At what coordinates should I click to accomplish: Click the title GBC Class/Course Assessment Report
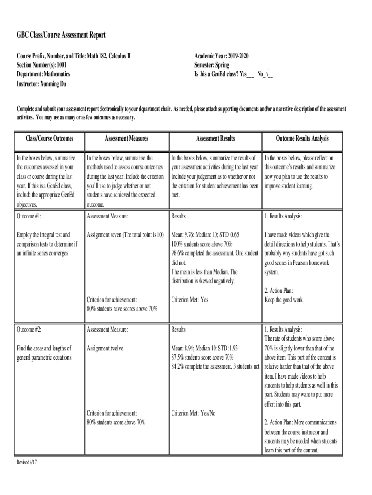click(61, 35)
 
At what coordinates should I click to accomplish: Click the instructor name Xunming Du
click(54, 84)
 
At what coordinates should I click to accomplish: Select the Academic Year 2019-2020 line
click(221, 56)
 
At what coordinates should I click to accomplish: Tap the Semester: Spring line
click(212, 65)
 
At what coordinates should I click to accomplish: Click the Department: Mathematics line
click(43, 74)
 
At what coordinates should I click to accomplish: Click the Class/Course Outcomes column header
click(50, 139)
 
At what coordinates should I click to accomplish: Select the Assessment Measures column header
click(127, 139)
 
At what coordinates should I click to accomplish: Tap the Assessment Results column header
click(215, 139)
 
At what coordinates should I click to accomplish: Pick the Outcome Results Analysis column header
click(302, 139)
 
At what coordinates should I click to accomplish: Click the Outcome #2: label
click(29, 330)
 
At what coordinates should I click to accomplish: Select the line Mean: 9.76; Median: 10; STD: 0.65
click(205, 235)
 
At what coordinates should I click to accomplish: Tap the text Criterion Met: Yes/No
click(193, 413)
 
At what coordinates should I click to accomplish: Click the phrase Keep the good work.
click(284, 300)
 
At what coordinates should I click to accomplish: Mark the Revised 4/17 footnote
click(27, 462)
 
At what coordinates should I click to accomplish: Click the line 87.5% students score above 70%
click(202, 357)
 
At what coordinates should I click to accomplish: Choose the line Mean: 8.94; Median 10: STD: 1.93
click(204, 348)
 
